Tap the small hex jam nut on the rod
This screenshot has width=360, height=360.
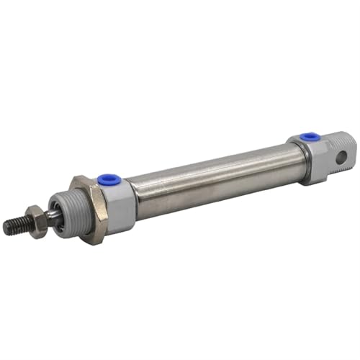[37, 220]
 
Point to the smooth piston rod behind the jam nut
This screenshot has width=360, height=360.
[53, 214]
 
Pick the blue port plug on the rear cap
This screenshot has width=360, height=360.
[310, 136]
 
